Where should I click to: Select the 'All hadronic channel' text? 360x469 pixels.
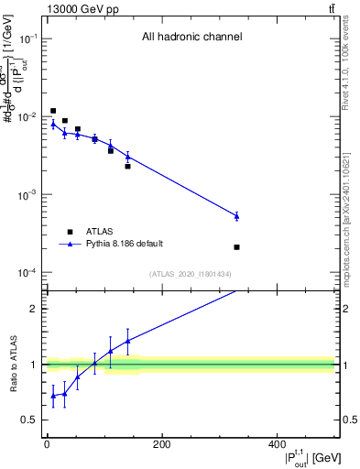[191, 38]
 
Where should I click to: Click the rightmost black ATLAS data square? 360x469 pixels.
[236, 247]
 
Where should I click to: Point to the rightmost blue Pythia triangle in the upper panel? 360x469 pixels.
[236, 216]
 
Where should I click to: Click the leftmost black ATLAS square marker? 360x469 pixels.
[53, 111]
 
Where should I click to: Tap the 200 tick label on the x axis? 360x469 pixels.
[161, 444]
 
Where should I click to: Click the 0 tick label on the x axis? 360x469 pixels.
[47, 444]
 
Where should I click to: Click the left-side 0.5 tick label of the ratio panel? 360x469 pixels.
[31, 420]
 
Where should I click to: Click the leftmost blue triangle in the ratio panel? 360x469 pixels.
[53, 396]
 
